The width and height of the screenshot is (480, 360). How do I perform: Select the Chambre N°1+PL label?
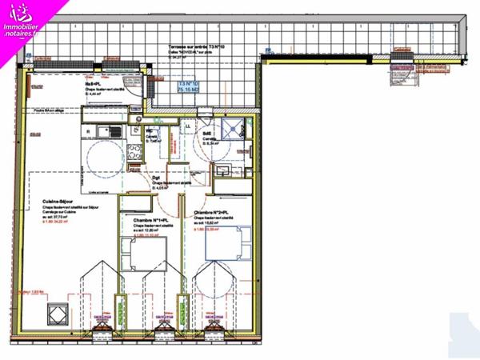click(150, 220)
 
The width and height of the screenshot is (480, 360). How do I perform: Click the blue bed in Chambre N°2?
click(230, 245)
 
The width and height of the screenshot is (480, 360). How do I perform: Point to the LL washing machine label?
click(189, 126)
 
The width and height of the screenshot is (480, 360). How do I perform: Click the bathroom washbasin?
click(222, 170)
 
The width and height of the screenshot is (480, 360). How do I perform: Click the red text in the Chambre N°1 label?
click(150, 235)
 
